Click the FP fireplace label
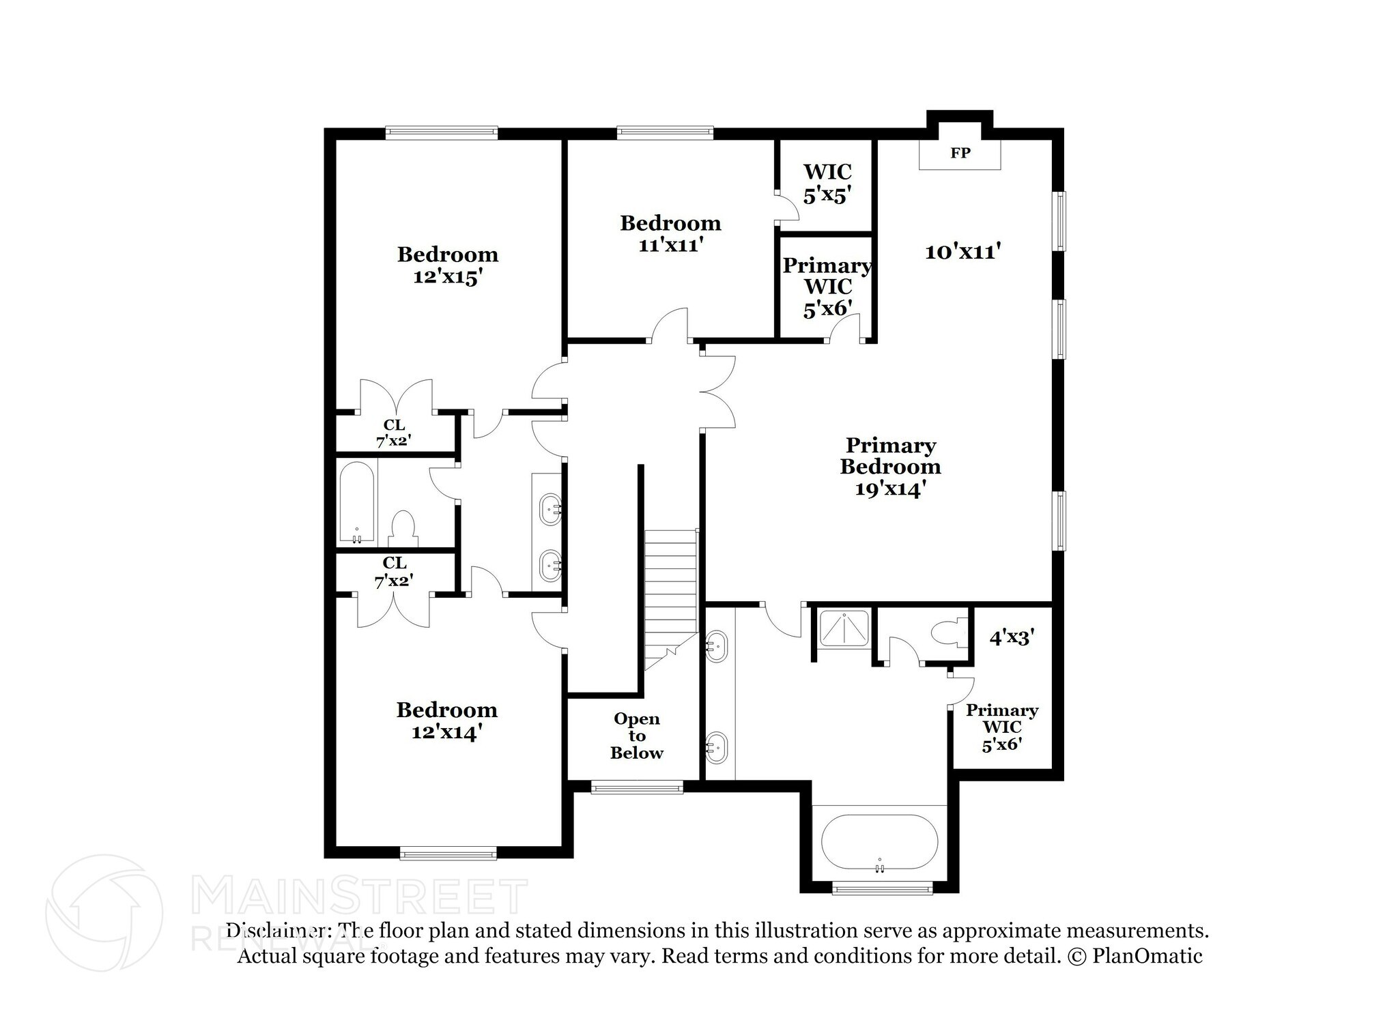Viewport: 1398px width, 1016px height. pos(960,154)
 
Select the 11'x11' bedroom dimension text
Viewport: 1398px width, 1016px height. pos(670,245)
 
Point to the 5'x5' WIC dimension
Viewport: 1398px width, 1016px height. pos(827,196)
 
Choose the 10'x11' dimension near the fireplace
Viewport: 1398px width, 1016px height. pos(962,252)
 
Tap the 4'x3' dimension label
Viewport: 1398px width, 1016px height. pos(1012,638)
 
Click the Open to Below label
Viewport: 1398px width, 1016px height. pos(636,736)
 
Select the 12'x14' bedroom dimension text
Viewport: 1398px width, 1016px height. pos(447,732)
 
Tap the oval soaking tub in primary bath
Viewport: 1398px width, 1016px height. pos(879,842)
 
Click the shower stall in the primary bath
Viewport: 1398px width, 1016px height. pos(844,628)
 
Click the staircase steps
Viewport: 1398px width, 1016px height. pos(670,587)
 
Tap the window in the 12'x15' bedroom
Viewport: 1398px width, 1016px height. pos(441,132)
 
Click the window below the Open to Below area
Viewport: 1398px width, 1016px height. pos(636,787)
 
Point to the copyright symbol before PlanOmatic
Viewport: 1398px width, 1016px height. pos(1075,956)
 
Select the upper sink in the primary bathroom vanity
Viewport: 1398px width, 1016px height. pos(716,645)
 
